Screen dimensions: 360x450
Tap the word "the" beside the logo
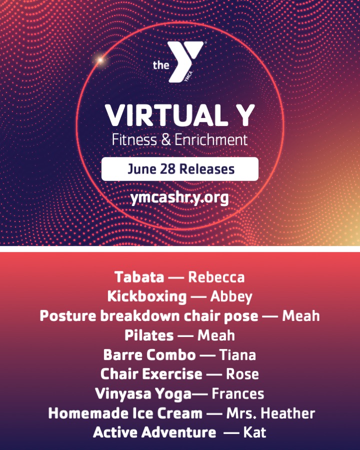(161, 65)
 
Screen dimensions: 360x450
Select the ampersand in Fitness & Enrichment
(166, 140)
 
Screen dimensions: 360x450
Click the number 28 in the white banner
(167, 169)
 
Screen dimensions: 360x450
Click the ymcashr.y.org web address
(179, 198)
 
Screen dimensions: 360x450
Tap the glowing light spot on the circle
(100, 60)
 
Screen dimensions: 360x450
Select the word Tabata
(139, 277)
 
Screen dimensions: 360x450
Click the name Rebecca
(216, 277)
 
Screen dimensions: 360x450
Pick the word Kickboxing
(147, 296)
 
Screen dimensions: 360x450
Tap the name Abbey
(231, 296)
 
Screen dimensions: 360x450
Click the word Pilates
(149, 335)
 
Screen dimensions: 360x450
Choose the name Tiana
(237, 354)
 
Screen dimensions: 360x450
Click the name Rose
(242, 374)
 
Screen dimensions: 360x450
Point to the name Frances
(237, 393)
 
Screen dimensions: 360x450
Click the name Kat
(254, 432)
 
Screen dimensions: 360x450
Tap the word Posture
(68, 315)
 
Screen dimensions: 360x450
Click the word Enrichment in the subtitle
(211, 140)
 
